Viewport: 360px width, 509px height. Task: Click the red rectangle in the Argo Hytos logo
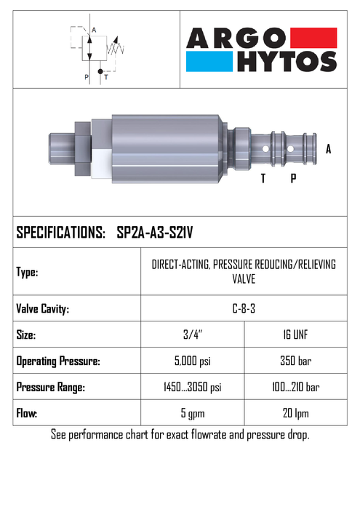313,38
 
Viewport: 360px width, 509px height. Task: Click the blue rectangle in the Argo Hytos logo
209,61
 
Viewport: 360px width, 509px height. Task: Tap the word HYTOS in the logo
287,61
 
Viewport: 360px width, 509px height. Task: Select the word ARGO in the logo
236,38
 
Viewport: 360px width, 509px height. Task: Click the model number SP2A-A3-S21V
154,233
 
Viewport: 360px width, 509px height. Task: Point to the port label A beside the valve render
328,149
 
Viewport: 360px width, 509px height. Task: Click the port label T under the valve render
263,178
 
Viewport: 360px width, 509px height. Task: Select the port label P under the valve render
293,178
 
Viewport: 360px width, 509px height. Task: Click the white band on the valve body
102,164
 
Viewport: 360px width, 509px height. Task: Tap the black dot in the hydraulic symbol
100,71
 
